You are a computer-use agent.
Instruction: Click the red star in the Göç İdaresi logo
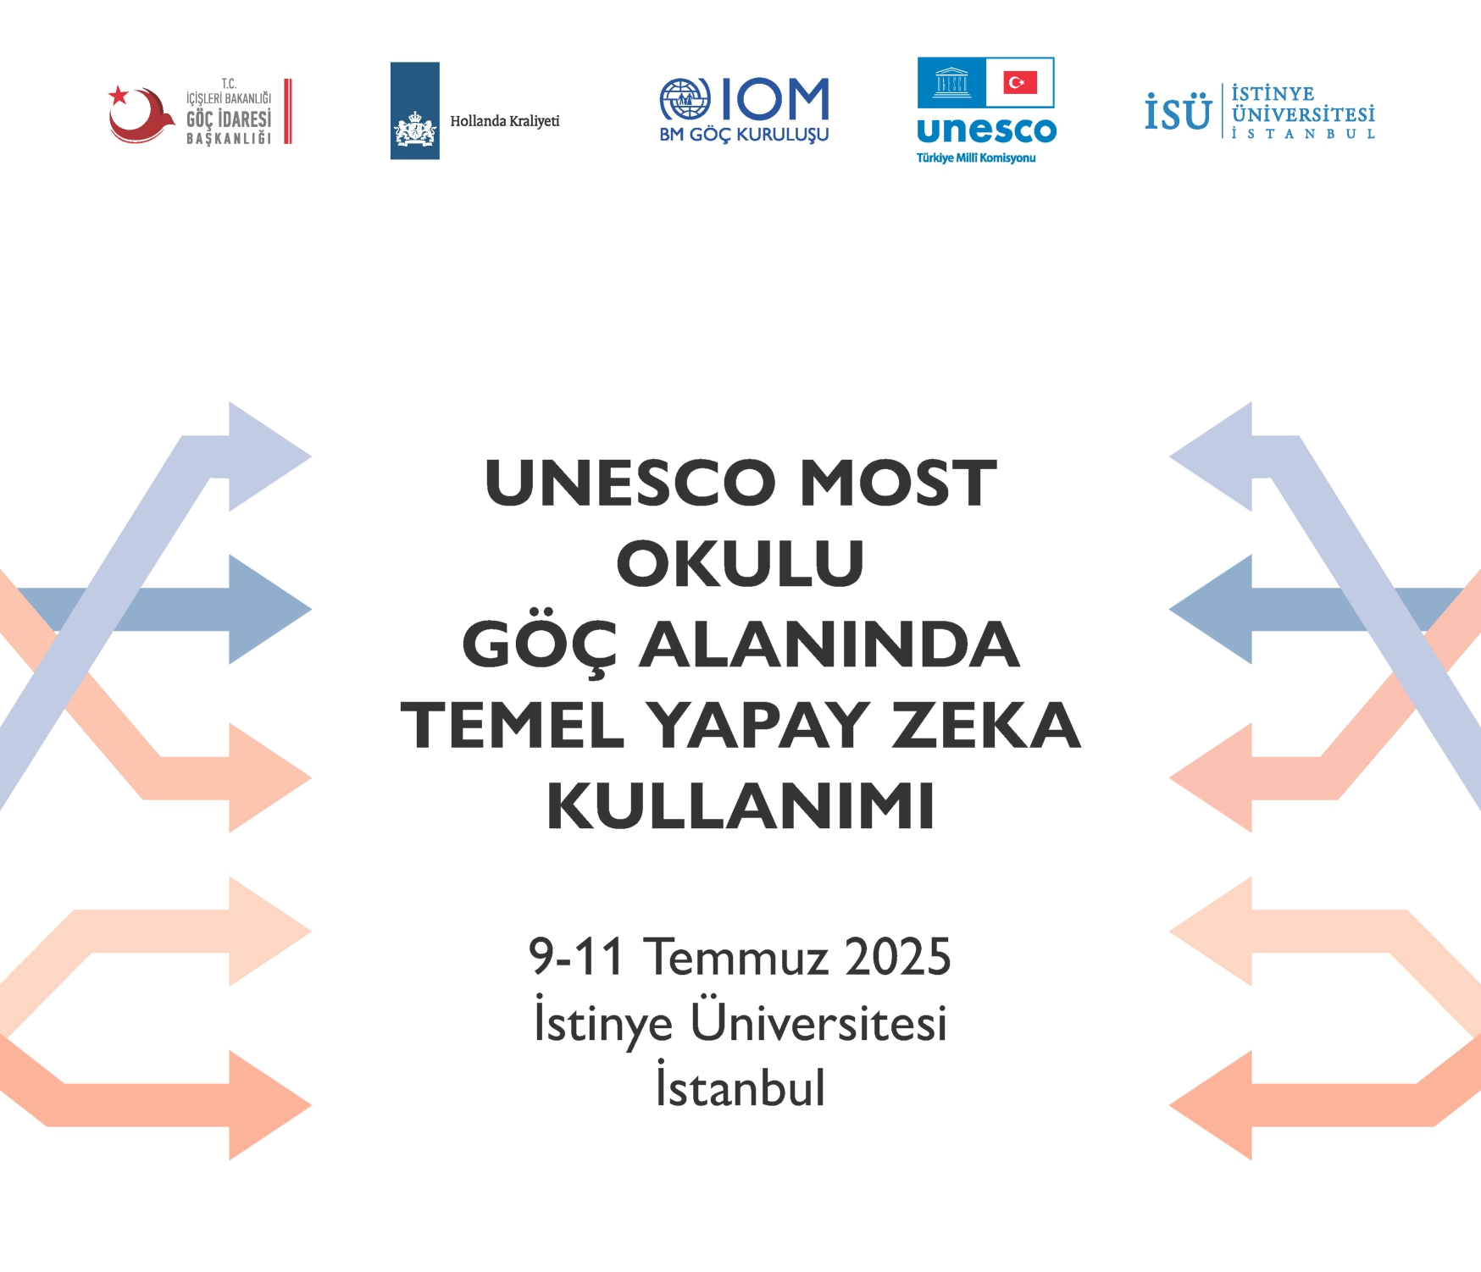(119, 95)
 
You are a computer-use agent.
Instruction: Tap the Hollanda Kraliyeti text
(505, 121)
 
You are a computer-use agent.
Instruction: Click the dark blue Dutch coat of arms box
(414, 110)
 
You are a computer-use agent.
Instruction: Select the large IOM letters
(775, 99)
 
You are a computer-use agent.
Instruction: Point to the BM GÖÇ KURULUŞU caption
(744, 135)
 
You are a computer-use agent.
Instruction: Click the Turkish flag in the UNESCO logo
(1020, 82)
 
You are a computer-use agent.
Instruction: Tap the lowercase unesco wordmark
(987, 130)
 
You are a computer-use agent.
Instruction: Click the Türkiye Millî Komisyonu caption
(976, 158)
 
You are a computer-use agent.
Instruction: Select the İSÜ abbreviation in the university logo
(1178, 111)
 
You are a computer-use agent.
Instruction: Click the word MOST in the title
(898, 483)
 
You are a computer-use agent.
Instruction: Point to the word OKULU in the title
(740, 563)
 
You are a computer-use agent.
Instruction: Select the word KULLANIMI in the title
(740, 805)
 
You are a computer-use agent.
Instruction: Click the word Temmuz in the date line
(735, 957)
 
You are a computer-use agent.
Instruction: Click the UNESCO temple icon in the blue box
(951, 83)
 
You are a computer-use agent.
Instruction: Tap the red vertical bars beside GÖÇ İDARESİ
(288, 111)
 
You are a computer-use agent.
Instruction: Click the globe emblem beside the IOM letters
(685, 100)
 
